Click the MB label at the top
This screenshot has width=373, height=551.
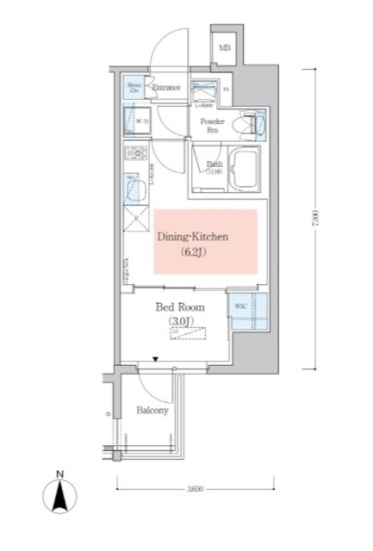(224, 48)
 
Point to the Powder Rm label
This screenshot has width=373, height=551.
(213, 126)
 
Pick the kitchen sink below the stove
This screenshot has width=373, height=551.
(133, 187)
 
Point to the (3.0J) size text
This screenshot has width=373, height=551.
(181, 322)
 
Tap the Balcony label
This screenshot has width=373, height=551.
(152, 411)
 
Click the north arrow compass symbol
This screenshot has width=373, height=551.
(59, 497)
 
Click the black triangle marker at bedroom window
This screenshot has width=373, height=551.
(156, 358)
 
